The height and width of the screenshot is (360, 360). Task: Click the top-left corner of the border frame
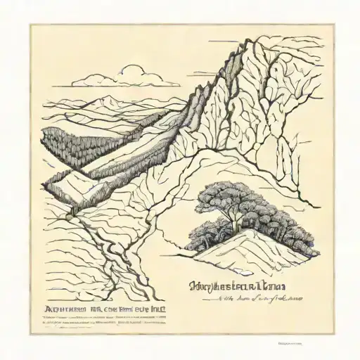click(30, 25)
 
